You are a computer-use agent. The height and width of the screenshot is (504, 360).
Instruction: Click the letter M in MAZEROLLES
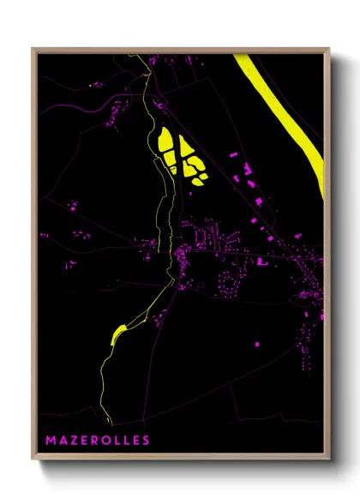pos(51,441)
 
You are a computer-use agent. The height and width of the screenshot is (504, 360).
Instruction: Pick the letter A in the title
pos(64,441)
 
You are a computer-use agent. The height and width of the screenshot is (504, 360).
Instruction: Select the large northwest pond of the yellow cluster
pos(165,144)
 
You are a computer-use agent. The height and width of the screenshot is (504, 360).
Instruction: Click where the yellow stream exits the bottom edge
pos(110,423)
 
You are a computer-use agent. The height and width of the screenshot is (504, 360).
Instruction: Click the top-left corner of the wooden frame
pos(33,48)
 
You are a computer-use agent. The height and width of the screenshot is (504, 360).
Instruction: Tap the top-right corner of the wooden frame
pos(329,48)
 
